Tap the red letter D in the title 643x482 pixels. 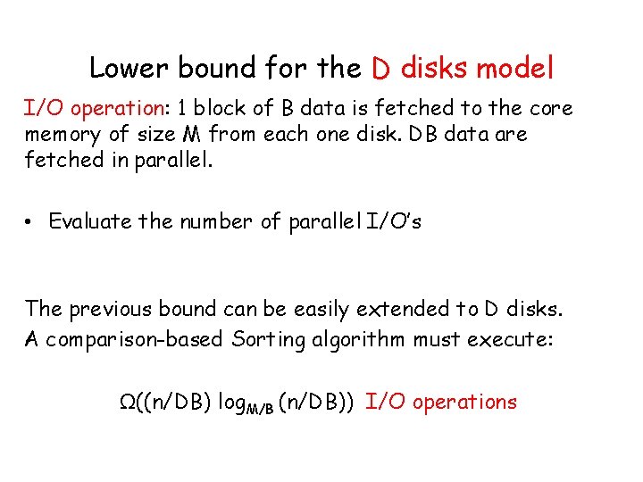pyautogui.click(x=380, y=68)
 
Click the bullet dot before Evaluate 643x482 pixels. pyautogui.click(x=31, y=221)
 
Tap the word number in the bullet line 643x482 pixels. pyautogui.click(x=214, y=221)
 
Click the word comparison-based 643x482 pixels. pyautogui.click(x=133, y=339)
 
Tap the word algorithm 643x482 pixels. pyautogui.click(x=354, y=339)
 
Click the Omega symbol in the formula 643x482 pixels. pyautogui.click(x=128, y=402)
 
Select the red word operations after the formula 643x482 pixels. pyautogui.click(x=464, y=403)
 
